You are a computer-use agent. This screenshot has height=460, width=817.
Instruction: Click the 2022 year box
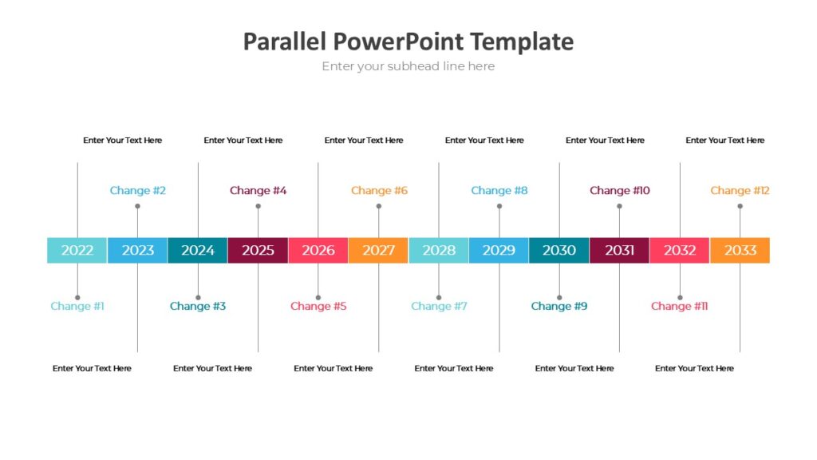tap(77, 250)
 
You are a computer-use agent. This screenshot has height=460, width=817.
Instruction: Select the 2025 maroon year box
tap(258, 250)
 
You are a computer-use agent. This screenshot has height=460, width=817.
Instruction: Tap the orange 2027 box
tap(378, 250)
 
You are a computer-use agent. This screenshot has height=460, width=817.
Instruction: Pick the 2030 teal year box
tap(558, 250)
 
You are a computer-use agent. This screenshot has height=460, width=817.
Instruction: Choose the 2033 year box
tap(740, 250)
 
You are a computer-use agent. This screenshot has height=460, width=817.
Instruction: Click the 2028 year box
tap(439, 250)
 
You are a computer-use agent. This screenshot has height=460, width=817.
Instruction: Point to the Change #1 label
tap(77, 306)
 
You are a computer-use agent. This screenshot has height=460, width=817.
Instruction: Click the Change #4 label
tap(258, 190)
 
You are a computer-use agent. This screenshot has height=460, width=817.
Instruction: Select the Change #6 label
tap(379, 190)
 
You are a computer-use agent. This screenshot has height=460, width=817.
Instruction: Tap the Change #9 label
tap(558, 306)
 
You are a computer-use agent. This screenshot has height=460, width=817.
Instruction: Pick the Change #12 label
tap(740, 190)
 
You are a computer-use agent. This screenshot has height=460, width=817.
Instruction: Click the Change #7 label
tap(439, 306)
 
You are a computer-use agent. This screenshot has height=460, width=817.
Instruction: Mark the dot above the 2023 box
tap(137, 206)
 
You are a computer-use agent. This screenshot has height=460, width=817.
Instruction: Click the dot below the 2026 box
tap(318, 297)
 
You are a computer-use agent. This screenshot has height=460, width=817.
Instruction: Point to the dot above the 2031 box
tap(619, 206)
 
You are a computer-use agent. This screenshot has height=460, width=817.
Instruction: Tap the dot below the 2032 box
tap(680, 297)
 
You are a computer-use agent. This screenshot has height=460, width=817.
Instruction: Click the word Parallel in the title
tap(285, 42)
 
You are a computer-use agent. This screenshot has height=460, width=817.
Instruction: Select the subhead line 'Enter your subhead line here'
tap(408, 66)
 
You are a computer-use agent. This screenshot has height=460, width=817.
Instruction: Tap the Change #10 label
tap(619, 190)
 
